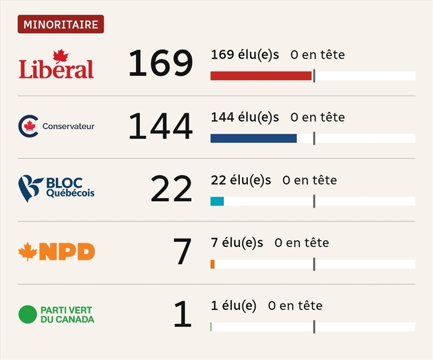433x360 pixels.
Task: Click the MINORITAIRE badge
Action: point(61,25)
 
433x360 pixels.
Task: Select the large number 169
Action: point(160,63)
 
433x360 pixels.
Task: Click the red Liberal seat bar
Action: point(261,76)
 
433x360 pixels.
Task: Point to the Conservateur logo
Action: point(56,126)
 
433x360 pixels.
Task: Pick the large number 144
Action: point(160,126)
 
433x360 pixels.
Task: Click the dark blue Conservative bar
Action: point(253,139)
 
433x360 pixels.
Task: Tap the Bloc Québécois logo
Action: point(56,188)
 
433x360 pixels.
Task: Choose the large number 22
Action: point(171,189)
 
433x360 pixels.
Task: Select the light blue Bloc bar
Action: point(217,201)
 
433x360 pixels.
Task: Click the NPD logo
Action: point(56,252)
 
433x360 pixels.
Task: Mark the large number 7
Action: point(182,252)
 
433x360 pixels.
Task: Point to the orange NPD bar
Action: point(213,264)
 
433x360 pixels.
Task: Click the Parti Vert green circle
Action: point(27,315)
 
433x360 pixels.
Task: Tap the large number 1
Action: point(182,315)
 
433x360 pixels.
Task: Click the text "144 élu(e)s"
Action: point(245,117)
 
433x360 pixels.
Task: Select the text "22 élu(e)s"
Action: point(241,180)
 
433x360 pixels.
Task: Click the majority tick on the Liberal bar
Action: point(314,76)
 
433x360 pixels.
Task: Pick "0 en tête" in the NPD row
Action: point(301,243)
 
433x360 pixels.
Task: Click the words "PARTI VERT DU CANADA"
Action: point(67,315)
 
